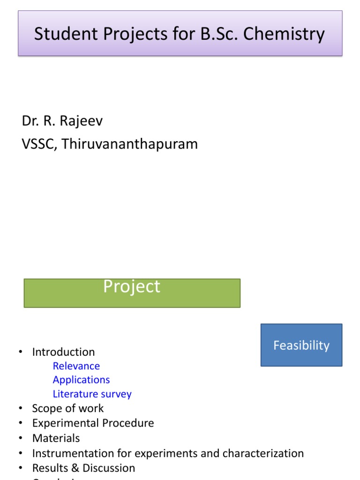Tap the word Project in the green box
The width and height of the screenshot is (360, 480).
tap(132, 286)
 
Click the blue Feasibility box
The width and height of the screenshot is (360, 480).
tap(301, 345)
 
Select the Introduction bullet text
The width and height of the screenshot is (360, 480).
tap(63, 352)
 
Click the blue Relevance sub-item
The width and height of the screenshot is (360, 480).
tap(76, 366)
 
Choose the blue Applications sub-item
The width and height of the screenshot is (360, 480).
tap(81, 380)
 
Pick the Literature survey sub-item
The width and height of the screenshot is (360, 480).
tap(92, 394)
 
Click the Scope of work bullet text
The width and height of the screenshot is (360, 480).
tap(68, 408)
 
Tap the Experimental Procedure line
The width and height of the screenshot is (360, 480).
tap(93, 423)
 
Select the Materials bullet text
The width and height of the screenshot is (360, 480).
tap(56, 438)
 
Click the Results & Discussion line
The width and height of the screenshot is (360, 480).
tap(83, 468)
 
